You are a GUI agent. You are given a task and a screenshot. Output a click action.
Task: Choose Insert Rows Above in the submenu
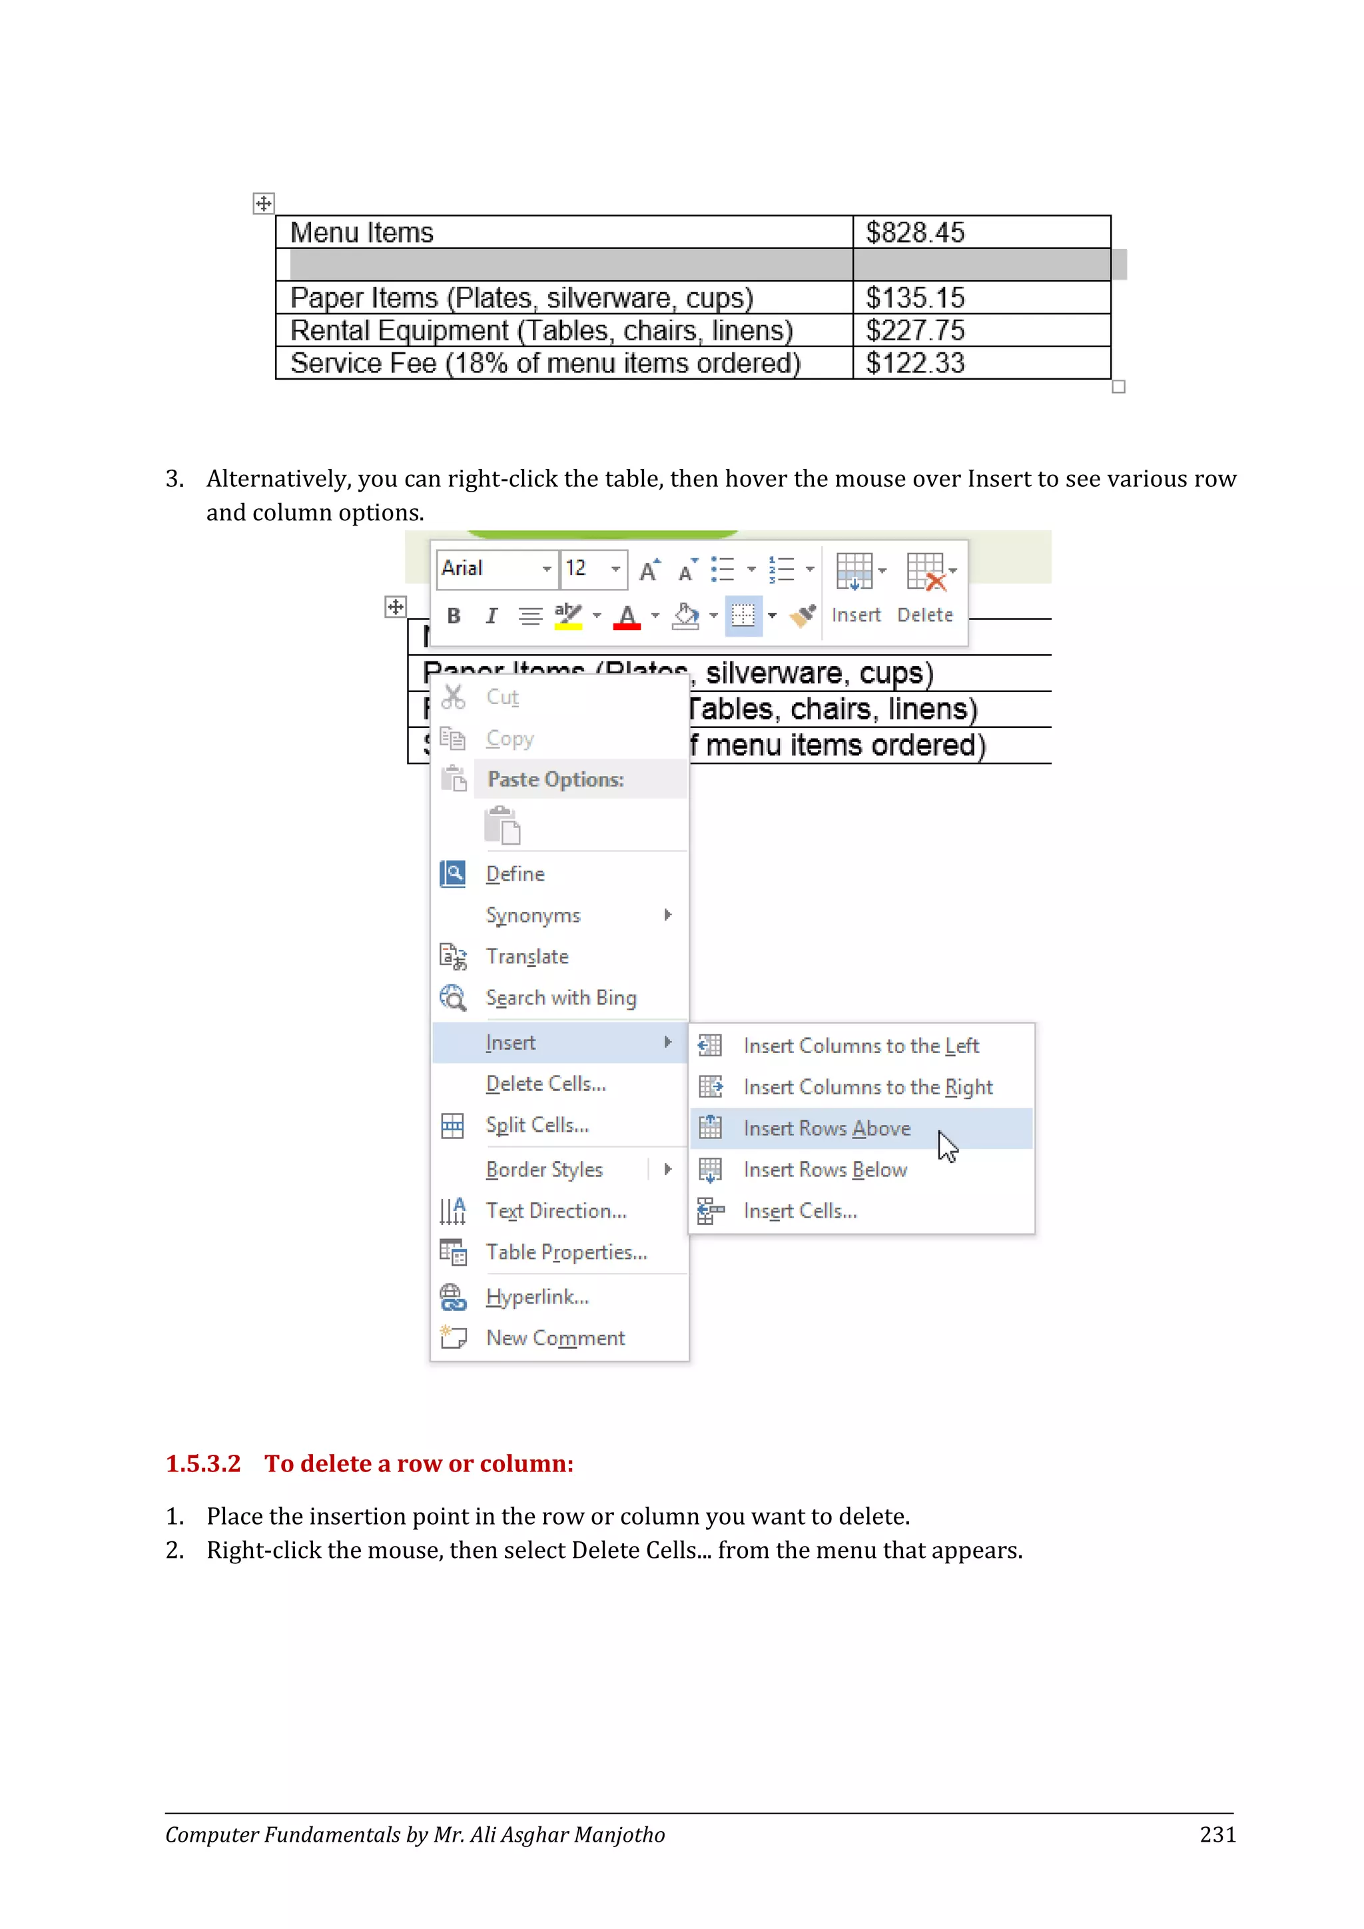tap(827, 1128)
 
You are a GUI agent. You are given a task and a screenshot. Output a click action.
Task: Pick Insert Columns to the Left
tap(861, 1046)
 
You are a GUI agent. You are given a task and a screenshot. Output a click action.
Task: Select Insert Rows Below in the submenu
tap(825, 1170)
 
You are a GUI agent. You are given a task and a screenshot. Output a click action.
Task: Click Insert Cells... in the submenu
tap(800, 1211)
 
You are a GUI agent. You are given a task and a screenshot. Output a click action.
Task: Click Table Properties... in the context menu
tap(566, 1252)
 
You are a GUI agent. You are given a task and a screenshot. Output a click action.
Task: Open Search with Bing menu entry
tap(561, 998)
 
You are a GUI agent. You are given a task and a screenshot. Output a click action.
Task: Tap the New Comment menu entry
tap(555, 1338)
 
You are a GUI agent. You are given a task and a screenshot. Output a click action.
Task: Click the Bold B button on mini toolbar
tap(454, 616)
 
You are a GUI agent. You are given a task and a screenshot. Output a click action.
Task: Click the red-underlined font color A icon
tap(627, 617)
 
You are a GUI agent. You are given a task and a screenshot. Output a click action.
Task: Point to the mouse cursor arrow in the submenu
tap(948, 1145)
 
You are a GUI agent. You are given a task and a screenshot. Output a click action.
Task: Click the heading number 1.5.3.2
tap(202, 1463)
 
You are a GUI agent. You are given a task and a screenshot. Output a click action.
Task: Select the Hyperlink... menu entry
tap(537, 1296)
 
